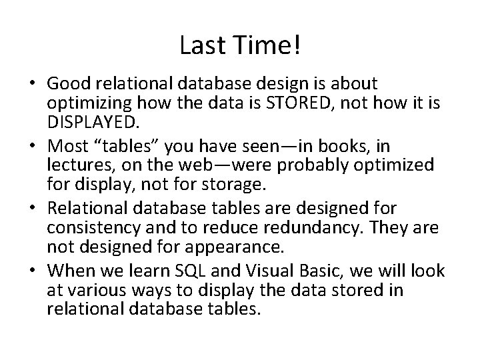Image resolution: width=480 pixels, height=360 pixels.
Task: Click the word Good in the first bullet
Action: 67,84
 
